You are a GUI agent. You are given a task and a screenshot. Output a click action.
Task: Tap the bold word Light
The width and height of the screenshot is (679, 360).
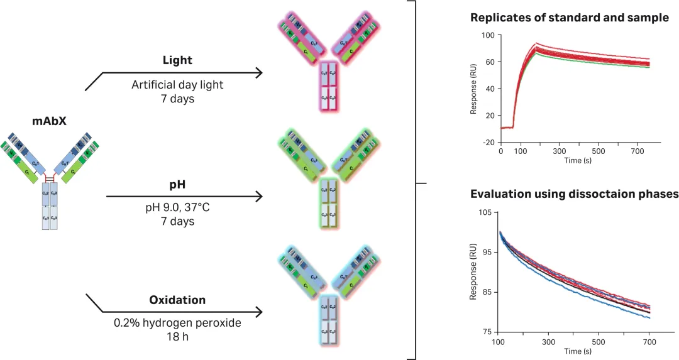click(177, 60)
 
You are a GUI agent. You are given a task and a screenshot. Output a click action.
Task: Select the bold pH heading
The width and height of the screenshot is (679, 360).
click(178, 186)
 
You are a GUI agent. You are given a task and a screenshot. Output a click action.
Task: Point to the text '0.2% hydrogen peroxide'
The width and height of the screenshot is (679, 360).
click(178, 323)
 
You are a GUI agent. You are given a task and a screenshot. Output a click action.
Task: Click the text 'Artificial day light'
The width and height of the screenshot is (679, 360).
click(178, 85)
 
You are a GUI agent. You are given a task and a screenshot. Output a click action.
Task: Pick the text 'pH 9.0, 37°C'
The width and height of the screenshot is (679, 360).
click(178, 209)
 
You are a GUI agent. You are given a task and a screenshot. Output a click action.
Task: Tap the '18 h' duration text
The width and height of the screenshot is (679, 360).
click(178, 335)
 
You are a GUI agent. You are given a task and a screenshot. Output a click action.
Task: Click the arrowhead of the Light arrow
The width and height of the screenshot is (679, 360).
click(258, 73)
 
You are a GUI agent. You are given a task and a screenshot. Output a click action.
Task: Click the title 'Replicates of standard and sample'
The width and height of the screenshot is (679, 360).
click(570, 18)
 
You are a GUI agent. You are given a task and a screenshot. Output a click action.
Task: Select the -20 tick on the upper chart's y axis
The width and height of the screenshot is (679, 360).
click(488, 142)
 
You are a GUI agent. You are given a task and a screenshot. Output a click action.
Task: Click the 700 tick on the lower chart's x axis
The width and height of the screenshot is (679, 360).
click(649, 342)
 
